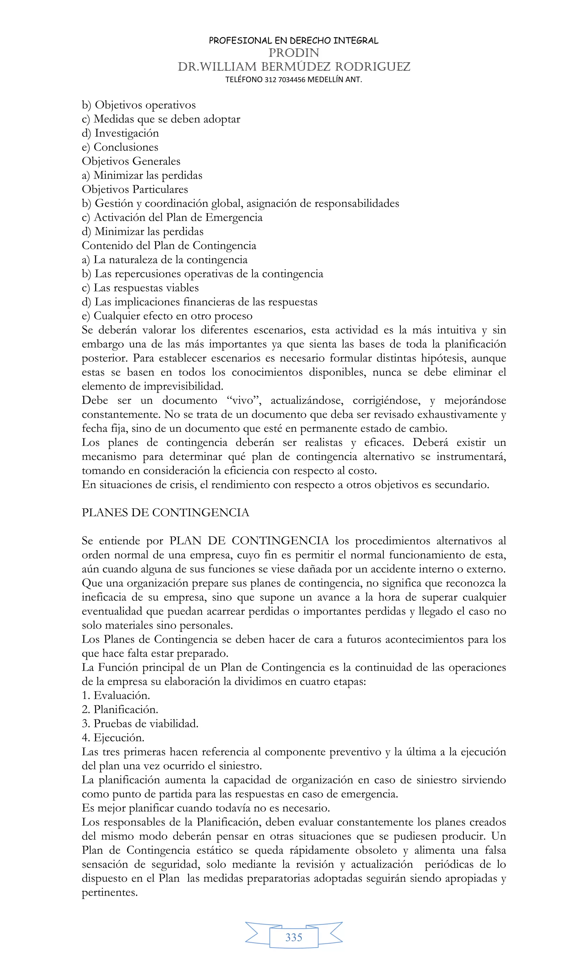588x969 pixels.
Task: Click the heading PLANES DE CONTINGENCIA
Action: tap(165, 513)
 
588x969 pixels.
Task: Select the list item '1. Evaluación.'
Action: tap(116, 696)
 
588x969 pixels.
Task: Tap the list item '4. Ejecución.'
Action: tap(113, 738)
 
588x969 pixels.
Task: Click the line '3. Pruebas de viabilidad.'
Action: tap(140, 724)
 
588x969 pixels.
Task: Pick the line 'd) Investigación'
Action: tap(120, 133)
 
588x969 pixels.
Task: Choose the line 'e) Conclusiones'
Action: tap(120, 147)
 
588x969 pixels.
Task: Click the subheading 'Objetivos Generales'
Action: tap(131, 161)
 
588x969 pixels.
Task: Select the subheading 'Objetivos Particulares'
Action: tap(135, 190)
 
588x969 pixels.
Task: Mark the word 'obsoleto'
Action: tap(376, 850)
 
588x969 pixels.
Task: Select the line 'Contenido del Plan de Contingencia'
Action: tap(169, 246)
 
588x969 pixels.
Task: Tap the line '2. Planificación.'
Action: tap(120, 710)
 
